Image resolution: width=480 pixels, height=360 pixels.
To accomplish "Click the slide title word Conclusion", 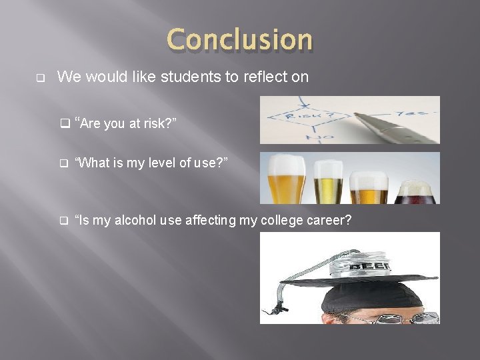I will click(x=239, y=39).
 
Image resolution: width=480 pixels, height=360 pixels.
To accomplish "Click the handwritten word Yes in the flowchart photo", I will click(x=419, y=112).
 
